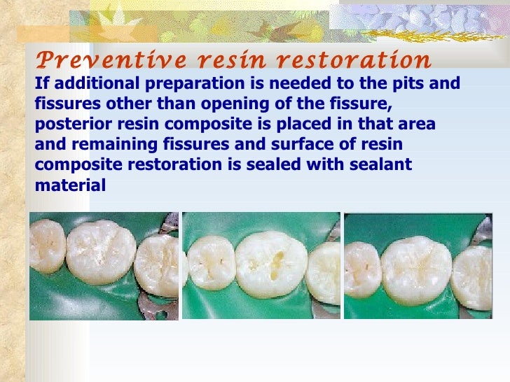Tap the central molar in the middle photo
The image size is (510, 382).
coord(270,264)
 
